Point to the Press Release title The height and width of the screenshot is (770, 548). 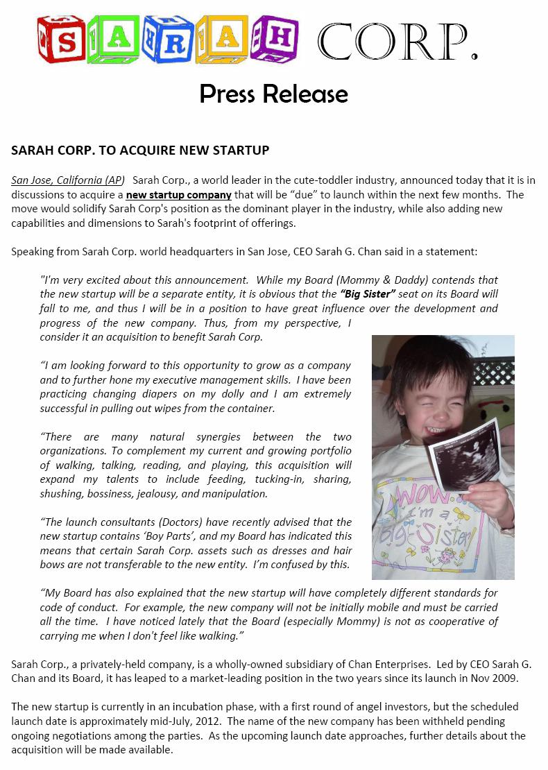[x=273, y=94]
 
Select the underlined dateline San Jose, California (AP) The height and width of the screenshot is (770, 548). [x=68, y=180]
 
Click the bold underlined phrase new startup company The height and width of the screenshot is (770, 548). [x=178, y=195]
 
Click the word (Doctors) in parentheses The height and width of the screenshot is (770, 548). [x=179, y=522]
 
